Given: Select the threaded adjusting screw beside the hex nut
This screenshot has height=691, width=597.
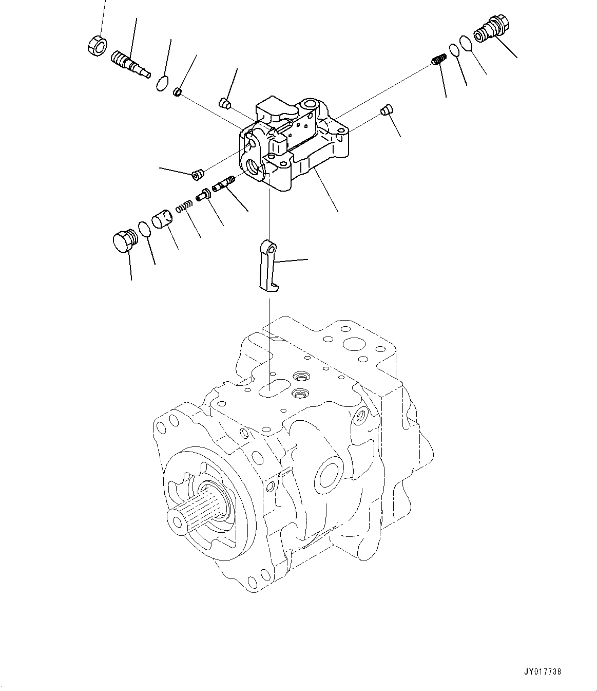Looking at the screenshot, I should (x=129, y=64).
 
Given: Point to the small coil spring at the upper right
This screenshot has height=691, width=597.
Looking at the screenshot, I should (x=437, y=61).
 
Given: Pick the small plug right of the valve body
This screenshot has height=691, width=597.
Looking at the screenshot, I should (x=387, y=109).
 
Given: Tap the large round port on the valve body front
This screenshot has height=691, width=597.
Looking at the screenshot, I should (x=254, y=166).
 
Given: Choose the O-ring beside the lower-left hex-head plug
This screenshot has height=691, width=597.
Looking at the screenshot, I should (x=145, y=229).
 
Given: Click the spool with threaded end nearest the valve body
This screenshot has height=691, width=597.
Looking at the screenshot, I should (x=224, y=182).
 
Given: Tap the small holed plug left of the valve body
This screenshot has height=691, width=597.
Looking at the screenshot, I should (x=197, y=176).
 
